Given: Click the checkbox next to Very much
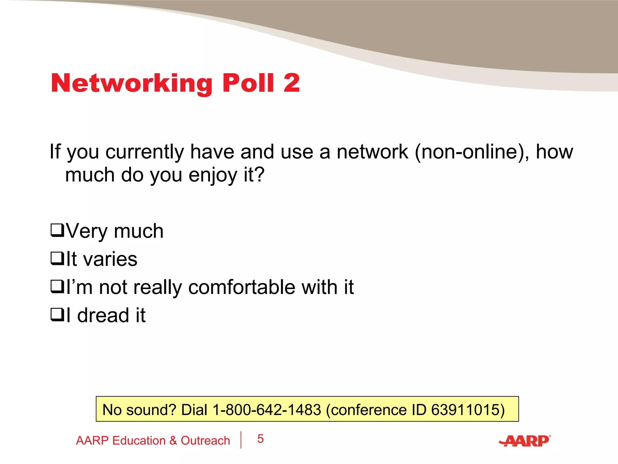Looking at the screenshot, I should coord(57,230).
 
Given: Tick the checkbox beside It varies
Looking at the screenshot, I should coord(57,259).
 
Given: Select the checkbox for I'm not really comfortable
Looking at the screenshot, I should coord(57,287).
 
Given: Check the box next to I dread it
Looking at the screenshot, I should coord(57,315).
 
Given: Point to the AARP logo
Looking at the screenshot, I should coord(525,441).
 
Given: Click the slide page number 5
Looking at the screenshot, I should coord(260,439).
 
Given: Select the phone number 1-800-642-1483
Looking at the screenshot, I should coord(267,410).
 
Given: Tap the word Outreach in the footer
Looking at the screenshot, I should coord(205,441).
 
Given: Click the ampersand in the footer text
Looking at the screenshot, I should coord(173,441).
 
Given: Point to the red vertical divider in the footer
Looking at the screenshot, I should coord(241,440).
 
